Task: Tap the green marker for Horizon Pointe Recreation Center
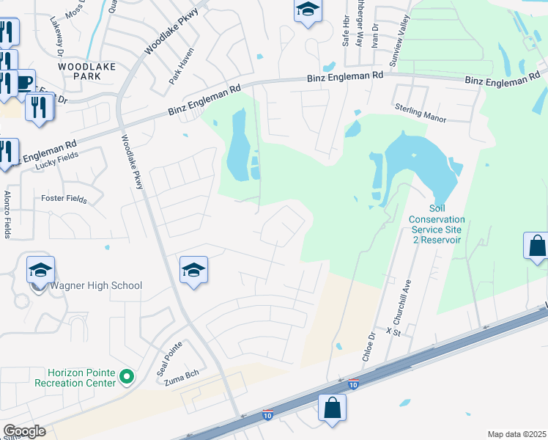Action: tap(127, 377)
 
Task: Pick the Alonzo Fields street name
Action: tap(7, 214)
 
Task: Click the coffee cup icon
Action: tap(24, 81)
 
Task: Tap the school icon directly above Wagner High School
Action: tap(41, 270)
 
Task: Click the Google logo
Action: tap(24, 430)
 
